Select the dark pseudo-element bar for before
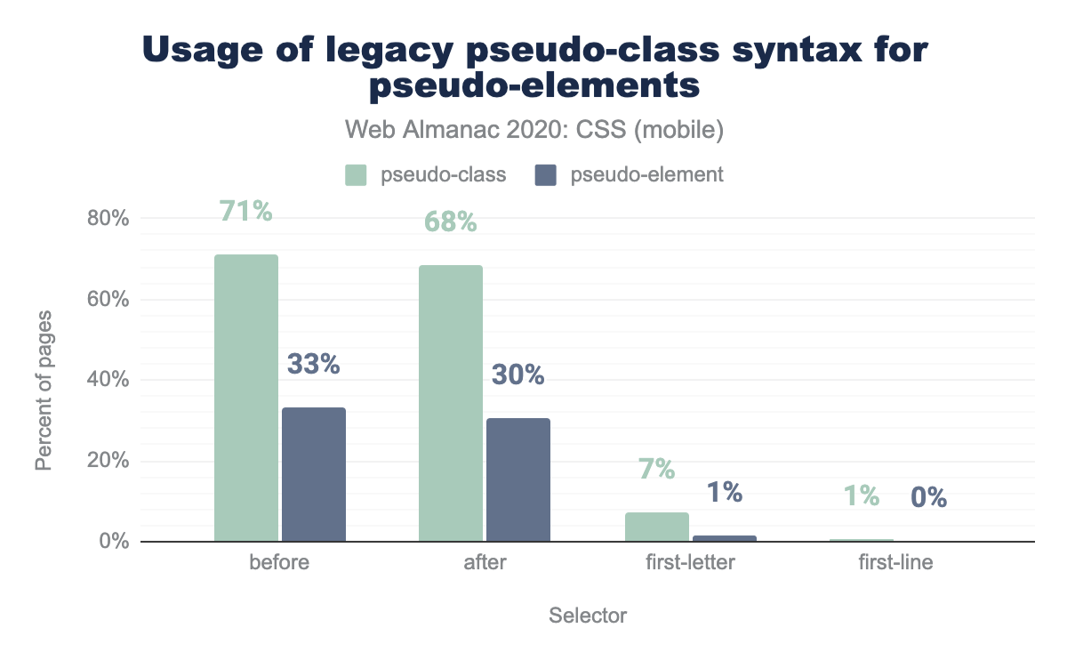pos(314,475)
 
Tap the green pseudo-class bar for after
pos(451,404)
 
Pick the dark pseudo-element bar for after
pos(518,480)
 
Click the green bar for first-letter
pos(657,527)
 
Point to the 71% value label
pos(246,213)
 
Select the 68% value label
pos(451,221)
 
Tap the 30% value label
pos(517,375)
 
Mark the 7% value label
pos(656,469)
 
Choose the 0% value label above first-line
pos(928,496)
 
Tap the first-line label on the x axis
pos(895,563)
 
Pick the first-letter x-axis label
pos(691,563)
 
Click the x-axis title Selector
pos(588,616)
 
